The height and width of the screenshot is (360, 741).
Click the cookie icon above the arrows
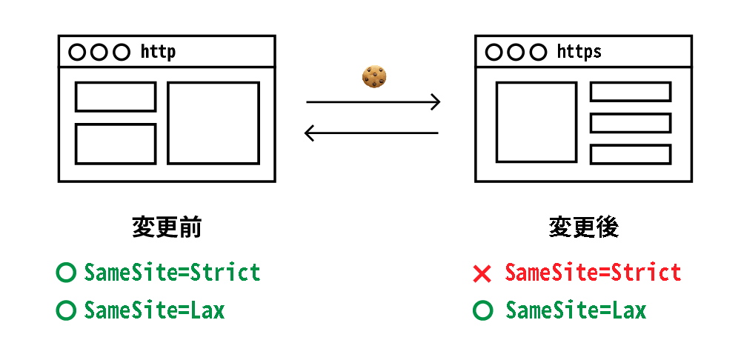[375, 76]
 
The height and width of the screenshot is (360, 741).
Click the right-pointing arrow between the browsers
[373, 101]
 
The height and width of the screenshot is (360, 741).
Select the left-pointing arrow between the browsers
[372, 133]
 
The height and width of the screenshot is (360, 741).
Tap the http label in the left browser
[158, 52]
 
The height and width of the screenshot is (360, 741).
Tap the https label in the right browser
[579, 52]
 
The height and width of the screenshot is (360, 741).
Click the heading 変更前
[167, 227]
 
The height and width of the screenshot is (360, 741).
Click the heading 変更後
[584, 227]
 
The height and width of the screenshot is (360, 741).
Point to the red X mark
[482, 274]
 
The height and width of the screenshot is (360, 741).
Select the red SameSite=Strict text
[593, 273]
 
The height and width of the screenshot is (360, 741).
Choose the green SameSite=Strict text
[173, 273]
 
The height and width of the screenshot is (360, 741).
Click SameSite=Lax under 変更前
[154, 310]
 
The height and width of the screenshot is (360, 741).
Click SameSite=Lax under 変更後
[576, 310]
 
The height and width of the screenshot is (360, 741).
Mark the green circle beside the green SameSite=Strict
[66, 273]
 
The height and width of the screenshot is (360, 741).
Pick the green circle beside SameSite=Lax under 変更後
[482, 310]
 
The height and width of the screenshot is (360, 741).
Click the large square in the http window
[213, 123]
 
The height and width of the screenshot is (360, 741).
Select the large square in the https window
[536, 122]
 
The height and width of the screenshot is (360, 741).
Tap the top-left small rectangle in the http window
[116, 97]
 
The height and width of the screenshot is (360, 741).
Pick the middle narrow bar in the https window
[630, 123]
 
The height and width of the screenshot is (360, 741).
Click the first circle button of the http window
[77, 52]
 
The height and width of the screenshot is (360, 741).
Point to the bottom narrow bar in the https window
[630, 154]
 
